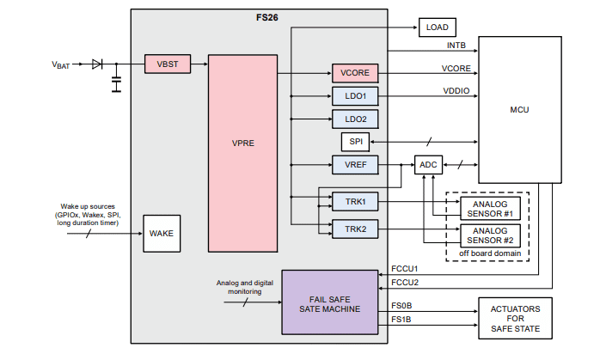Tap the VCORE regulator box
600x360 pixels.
(355, 73)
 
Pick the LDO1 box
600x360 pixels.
(355, 96)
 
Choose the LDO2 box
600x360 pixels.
(355, 119)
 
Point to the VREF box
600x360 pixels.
(355, 163)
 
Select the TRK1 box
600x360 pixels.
(355, 201)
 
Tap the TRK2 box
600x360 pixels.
(355, 229)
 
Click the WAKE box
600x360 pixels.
(161, 233)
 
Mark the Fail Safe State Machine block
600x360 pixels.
(330, 302)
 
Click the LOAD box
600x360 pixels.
(437, 27)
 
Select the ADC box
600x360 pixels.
(430, 164)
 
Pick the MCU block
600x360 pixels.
(518, 110)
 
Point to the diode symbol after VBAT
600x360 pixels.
(96, 64)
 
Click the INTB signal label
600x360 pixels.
(456, 45)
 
